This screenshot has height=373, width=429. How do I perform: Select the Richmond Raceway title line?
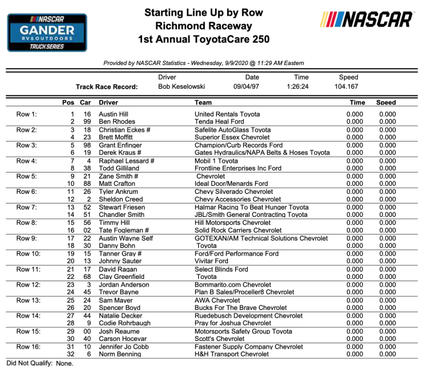203,26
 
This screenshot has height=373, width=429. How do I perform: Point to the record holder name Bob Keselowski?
181,87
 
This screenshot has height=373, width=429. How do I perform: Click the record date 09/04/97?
252,87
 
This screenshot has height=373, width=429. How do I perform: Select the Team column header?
203,103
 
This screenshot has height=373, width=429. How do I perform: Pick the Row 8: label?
26,222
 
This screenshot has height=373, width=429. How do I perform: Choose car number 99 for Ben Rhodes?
86,121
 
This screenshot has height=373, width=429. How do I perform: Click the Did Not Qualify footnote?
39,363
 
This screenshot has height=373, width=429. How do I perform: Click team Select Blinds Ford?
221,269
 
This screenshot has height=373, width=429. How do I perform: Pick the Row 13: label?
28,300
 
